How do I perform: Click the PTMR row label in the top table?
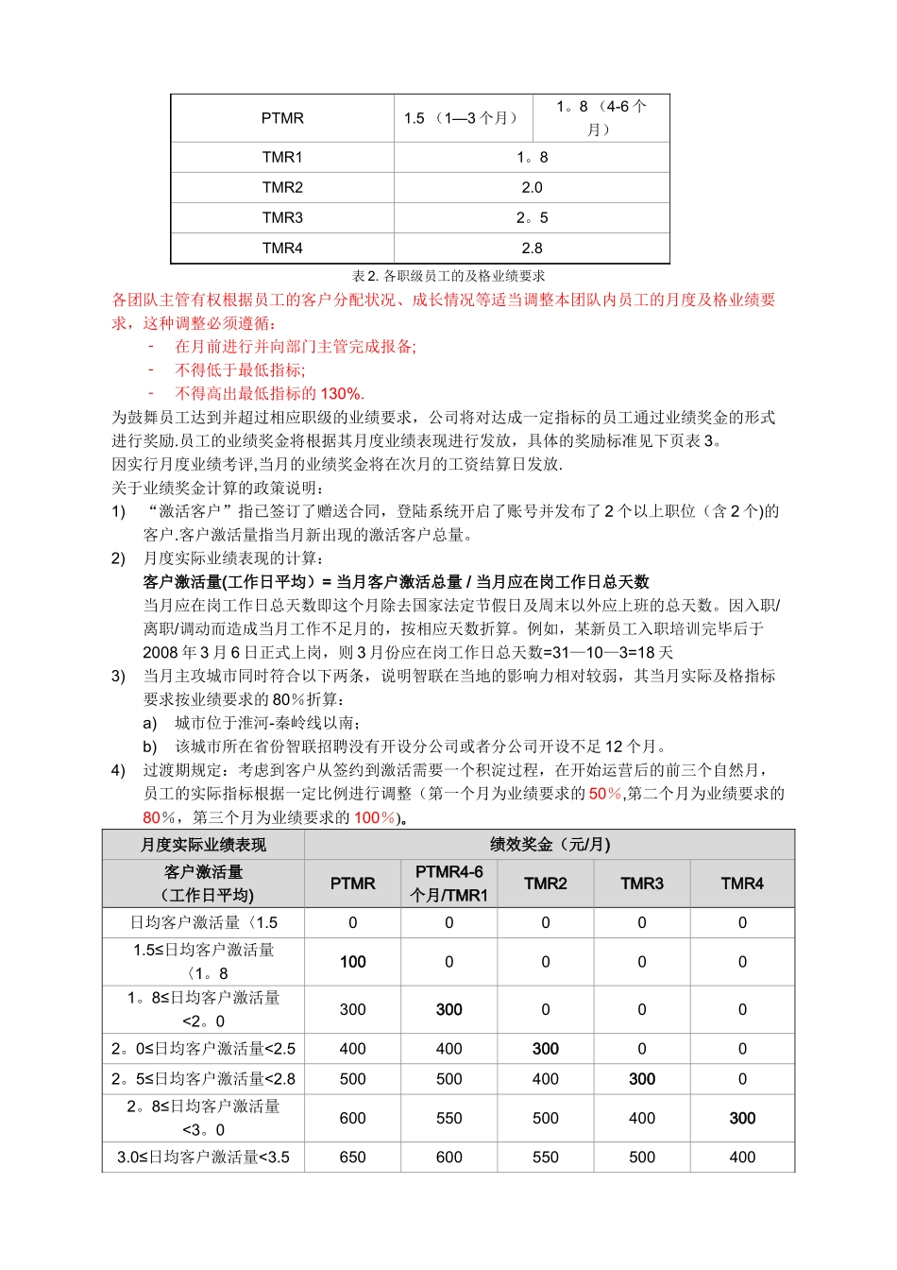tap(282, 118)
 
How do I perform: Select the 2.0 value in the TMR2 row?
tap(532, 187)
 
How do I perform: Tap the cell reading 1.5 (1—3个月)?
tap(462, 118)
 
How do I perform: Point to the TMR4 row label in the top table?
tap(282, 248)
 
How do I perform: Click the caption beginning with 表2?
tap(448, 276)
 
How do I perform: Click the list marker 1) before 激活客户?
tap(119, 511)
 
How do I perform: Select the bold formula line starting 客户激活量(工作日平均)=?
tap(396, 581)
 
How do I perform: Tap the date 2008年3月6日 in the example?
tap(200, 652)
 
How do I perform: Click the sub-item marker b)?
tap(150, 746)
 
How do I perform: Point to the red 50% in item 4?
tap(605, 793)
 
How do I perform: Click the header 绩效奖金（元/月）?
tap(550, 844)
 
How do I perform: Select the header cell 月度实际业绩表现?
tap(203, 844)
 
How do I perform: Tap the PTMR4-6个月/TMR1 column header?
tap(448, 883)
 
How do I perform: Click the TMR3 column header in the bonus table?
tap(641, 883)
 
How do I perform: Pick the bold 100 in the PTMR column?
tap(352, 961)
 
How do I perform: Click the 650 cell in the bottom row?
tap(352, 1157)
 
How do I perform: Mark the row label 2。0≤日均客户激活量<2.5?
tap(203, 1048)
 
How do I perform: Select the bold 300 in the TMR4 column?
tap(742, 1118)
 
